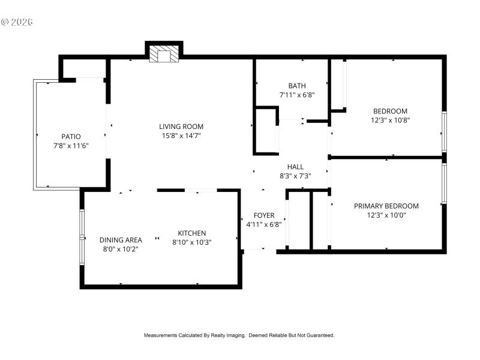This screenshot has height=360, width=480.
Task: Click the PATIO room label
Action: (x=71, y=136)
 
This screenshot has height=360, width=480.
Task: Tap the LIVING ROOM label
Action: (x=181, y=127)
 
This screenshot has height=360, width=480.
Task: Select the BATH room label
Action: (x=296, y=86)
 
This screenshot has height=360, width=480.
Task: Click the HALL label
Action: (x=295, y=167)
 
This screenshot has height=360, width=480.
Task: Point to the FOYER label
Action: (x=264, y=215)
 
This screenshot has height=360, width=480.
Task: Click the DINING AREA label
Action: (x=121, y=240)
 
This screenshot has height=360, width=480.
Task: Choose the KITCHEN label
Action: (x=192, y=233)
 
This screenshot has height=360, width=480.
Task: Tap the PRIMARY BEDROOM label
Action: (x=386, y=206)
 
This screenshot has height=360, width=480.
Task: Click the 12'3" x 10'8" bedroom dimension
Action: (x=390, y=120)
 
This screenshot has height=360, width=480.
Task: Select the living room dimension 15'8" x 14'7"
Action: (x=181, y=136)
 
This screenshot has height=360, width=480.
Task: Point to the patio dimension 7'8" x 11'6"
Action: (x=71, y=145)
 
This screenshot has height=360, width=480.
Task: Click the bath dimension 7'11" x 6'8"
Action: (x=296, y=95)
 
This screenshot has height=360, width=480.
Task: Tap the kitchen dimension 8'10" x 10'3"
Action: (x=192, y=242)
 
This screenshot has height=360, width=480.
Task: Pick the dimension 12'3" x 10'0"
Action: (x=386, y=215)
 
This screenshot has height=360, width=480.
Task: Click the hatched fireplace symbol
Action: (x=164, y=55)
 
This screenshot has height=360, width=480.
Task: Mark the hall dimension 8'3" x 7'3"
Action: (x=295, y=176)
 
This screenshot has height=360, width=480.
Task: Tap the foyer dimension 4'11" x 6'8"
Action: (x=264, y=224)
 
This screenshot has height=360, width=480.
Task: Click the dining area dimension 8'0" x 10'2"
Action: (x=121, y=249)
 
